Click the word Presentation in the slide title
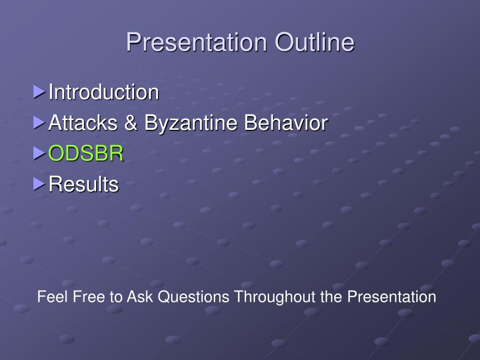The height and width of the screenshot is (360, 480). pos(196,42)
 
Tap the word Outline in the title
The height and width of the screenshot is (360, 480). pos(315,42)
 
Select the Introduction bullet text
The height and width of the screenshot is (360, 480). pos(104,92)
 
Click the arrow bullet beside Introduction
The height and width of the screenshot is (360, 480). pos(39,92)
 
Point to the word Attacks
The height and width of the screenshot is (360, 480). pos(83,122)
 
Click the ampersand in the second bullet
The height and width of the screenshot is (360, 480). pos(131,122)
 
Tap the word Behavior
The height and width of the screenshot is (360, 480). pos(286,122)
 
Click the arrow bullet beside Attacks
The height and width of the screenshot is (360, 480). pos(39,122)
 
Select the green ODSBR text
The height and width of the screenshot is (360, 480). pos(86,153)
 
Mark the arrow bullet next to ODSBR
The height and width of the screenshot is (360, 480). pos(39,153)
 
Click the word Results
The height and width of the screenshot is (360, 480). pos(83,184)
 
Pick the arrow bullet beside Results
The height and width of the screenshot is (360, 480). pos(39,184)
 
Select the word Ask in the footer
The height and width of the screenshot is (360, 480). pos(140,296)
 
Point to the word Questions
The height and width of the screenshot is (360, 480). pos(194,297)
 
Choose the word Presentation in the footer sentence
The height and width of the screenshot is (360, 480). pos(391,296)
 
